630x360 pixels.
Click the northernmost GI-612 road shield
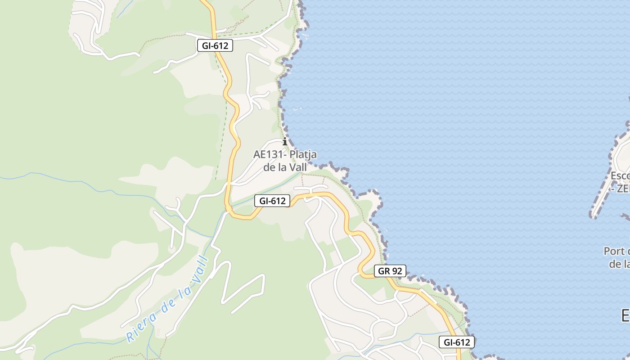coord(215,45)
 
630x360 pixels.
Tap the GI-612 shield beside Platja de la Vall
coord(272,201)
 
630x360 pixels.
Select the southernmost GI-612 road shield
coord(457,342)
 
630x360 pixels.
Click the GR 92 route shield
coord(390,271)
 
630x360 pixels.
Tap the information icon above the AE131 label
coord(284,142)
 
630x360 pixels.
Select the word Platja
coord(303,154)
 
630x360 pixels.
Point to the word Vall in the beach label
coord(297,167)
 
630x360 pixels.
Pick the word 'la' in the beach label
coord(282,167)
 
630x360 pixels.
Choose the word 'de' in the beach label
coord(269,167)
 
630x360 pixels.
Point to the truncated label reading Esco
coord(620,175)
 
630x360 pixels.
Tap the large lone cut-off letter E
coord(625,315)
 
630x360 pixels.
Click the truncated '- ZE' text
coord(621,189)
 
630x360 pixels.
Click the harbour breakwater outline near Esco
coord(605,180)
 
